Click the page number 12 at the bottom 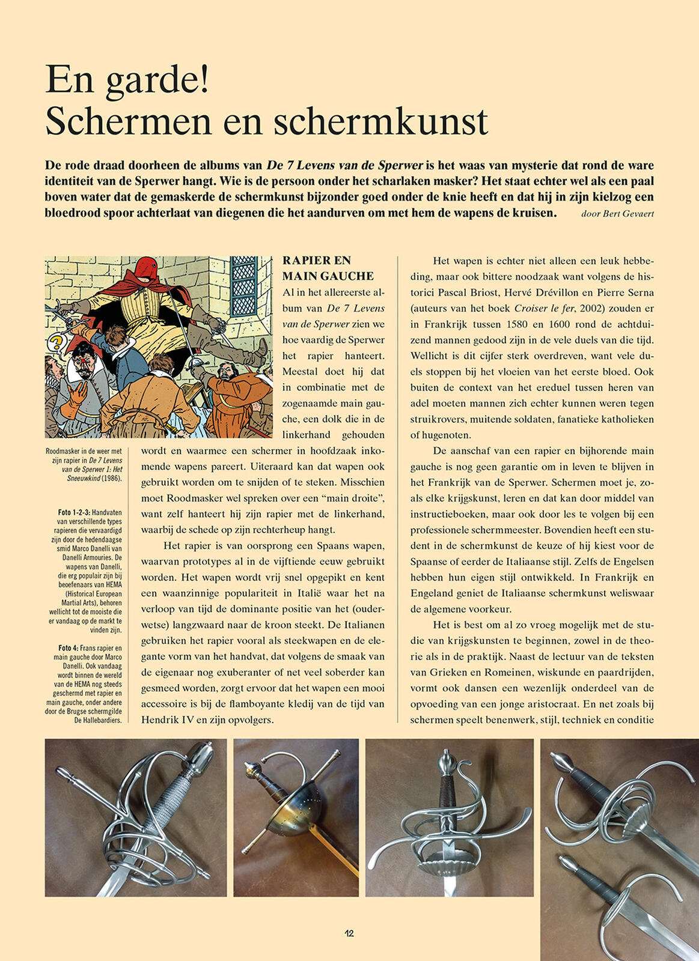[x=349, y=933]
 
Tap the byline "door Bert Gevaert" [x=617, y=214]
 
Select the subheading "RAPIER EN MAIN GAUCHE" [x=328, y=268]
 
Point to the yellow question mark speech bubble [x=56, y=343]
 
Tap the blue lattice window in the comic [x=244, y=286]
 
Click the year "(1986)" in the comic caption [x=111, y=478]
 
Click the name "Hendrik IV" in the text [x=168, y=720]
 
